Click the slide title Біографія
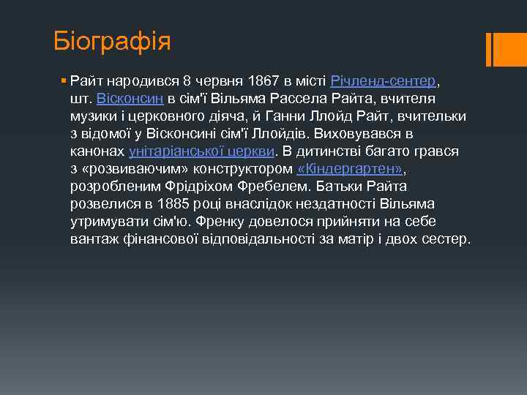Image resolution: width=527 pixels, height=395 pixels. pyautogui.click(x=112, y=41)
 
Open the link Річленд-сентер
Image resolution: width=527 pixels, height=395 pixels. pyautogui.click(x=384, y=80)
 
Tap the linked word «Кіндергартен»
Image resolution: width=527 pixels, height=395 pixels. pyautogui.click(x=351, y=169)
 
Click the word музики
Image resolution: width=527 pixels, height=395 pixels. pyautogui.click(x=95, y=116)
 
